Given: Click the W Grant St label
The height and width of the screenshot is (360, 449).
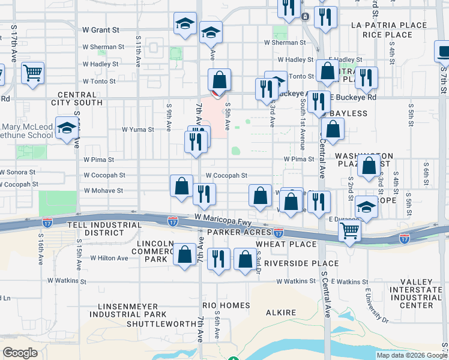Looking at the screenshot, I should pos(101,29).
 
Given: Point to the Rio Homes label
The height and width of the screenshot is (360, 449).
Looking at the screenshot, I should pos(226,305).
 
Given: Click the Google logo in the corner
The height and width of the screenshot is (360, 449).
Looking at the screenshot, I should pos(20,352).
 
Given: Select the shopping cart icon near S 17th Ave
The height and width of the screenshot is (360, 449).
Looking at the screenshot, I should pos(32,73).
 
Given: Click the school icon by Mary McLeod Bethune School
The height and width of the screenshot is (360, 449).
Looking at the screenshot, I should pos(66,127).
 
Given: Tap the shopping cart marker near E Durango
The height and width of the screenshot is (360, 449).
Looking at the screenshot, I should pos(349,230).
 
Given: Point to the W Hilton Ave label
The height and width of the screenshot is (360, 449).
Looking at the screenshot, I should pos(109,258).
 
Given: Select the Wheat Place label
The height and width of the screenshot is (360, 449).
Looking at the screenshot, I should pos(286,244).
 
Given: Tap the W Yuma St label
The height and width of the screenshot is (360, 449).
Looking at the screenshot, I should pos(138,129).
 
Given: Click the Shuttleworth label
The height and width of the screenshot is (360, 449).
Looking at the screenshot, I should pos(157,324).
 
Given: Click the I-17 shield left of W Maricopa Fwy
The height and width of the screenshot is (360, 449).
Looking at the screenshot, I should pos(172,221).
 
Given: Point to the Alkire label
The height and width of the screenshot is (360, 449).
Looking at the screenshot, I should pos(282,313).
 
